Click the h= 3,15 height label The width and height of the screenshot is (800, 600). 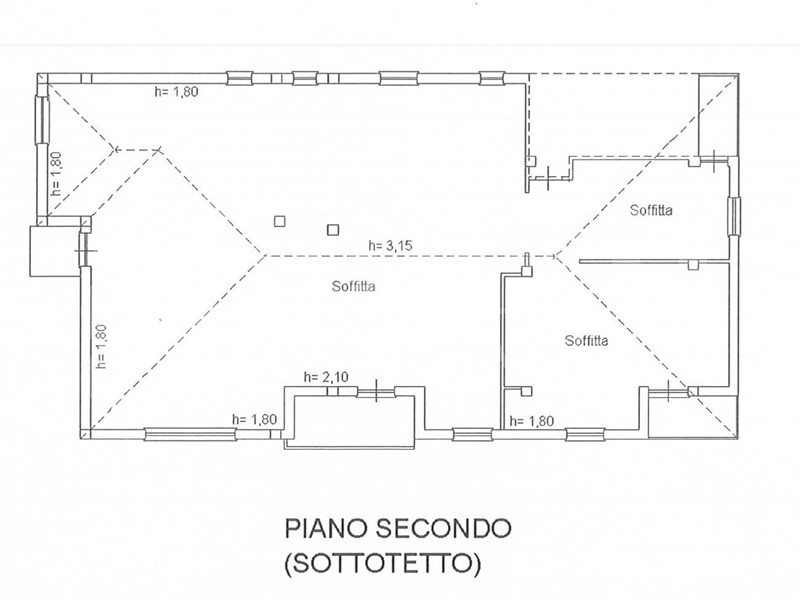390,246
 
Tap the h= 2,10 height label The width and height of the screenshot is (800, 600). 326,377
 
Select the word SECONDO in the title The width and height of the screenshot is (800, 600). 443,529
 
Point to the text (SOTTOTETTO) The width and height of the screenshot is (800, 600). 383,564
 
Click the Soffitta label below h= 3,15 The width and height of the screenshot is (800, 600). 354,286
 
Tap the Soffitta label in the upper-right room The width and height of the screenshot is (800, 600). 651,210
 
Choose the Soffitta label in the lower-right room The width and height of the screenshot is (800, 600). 586,340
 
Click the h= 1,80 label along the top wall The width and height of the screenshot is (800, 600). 176,92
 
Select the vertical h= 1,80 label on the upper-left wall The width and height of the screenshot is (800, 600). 56,173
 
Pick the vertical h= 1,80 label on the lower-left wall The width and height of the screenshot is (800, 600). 101,346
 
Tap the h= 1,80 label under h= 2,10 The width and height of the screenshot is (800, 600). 254,419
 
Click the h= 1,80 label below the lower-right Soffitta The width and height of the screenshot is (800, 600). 532,421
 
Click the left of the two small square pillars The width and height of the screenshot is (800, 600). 280,221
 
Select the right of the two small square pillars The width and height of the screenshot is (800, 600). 333,230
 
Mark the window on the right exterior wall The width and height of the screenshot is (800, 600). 734,216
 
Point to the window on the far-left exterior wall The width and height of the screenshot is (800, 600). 40,120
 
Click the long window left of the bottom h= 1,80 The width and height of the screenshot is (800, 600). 190,435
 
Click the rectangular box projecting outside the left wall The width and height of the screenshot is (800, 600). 55,252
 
